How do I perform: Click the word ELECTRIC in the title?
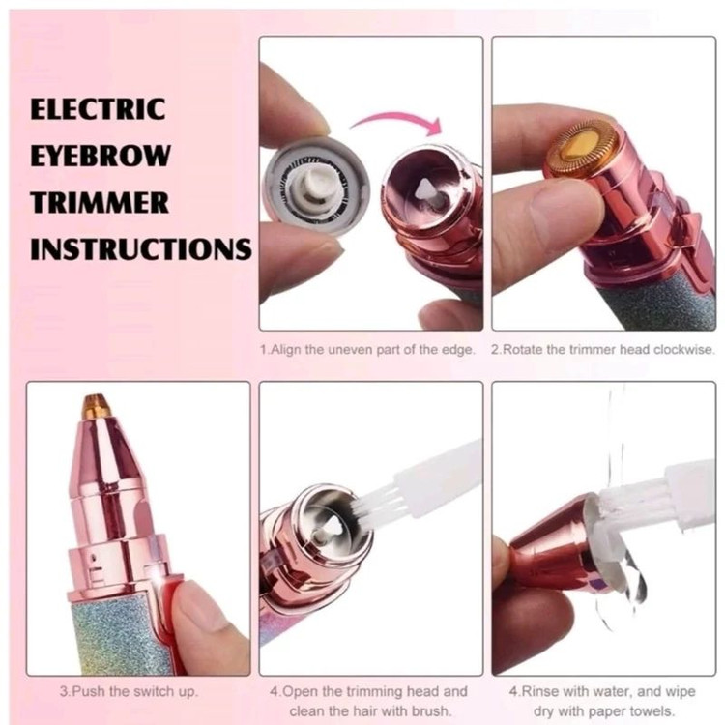[x=98, y=109]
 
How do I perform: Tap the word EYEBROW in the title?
[x=101, y=156]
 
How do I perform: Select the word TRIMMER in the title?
[x=100, y=202]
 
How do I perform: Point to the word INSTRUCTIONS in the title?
[x=141, y=249]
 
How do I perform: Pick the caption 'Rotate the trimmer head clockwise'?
[x=603, y=350]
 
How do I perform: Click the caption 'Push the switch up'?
[x=129, y=692]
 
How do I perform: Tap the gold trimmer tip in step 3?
[x=96, y=405]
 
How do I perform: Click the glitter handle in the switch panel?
[x=118, y=638]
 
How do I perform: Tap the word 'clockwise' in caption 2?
[x=683, y=350]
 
